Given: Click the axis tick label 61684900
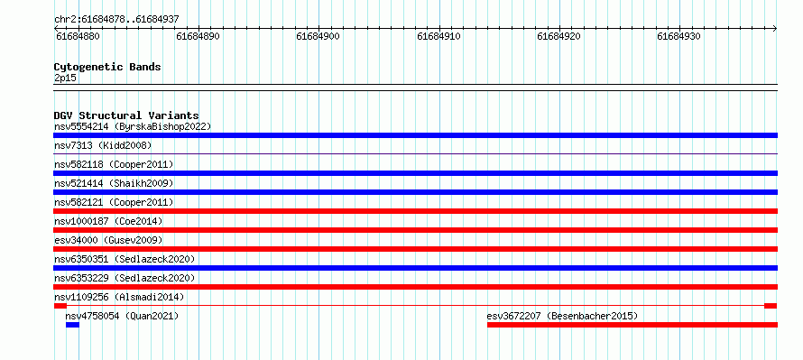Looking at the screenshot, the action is tap(318, 36).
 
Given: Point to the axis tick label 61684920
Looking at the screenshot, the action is tap(559, 36).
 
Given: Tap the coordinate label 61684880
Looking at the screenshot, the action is tap(78, 36).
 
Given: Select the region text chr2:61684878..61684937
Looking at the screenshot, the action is tap(116, 20).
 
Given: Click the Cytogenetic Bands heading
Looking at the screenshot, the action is tap(107, 67).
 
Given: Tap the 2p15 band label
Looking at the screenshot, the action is tap(66, 78).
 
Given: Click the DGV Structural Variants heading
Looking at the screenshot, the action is tap(126, 115).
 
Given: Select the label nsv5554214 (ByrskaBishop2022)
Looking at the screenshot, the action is tap(133, 126).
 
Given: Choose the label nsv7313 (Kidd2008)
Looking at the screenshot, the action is tap(103, 145).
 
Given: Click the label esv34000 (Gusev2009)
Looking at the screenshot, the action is tap(108, 240).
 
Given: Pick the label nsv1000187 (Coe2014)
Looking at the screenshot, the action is tap(108, 221).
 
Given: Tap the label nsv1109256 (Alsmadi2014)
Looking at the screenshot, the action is tap(119, 297).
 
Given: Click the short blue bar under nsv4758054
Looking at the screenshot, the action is tap(73, 325).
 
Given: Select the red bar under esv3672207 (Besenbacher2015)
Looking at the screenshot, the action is tap(632, 325).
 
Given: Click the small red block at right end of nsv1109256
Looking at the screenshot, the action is tap(771, 306).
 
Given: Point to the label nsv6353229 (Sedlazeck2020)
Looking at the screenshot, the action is tap(125, 278).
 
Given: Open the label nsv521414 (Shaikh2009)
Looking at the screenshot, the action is tap(114, 183).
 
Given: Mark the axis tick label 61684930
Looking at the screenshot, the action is tap(679, 36).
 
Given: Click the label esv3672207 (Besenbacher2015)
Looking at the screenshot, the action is tap(562, 316).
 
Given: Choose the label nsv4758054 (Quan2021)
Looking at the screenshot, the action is tap(122, 316).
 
